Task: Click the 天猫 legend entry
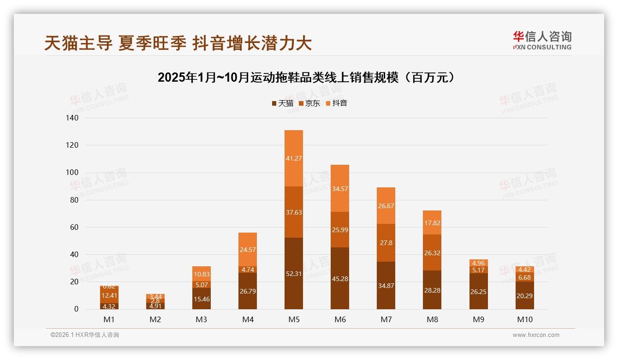pos(282,103)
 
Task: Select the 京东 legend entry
pos(309,103)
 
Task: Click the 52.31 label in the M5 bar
pos(294,274)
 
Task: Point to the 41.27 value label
pos(294,158)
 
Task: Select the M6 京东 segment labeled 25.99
pos(340,229)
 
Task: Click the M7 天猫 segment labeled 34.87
pos(386,286)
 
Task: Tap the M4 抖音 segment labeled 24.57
pos(248,250)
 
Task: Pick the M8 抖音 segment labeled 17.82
pos(432,222)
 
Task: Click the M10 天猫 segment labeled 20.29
pos(524,295)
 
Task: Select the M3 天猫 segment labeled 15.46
pos(202,299)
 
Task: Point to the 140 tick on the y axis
pos(72,118)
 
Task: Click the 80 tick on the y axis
pos(74,200)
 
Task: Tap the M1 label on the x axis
pos(109,319)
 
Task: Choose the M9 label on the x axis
pos(478,319)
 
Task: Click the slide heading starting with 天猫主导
pos(178,43)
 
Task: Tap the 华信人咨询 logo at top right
pos(542,41)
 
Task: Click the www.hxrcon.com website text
pos(536,335)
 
